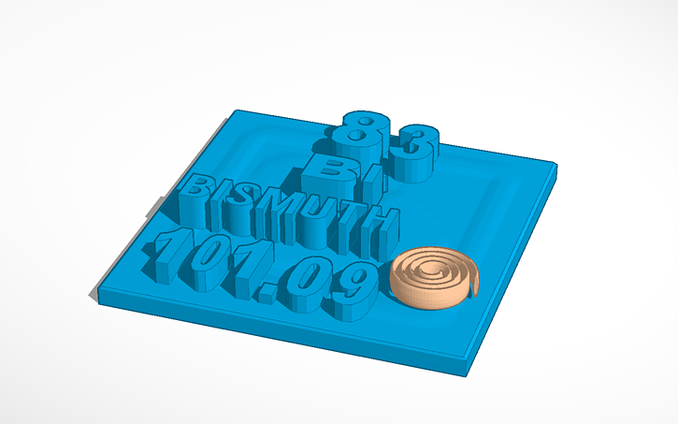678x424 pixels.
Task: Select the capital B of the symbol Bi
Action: pos(324,169)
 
